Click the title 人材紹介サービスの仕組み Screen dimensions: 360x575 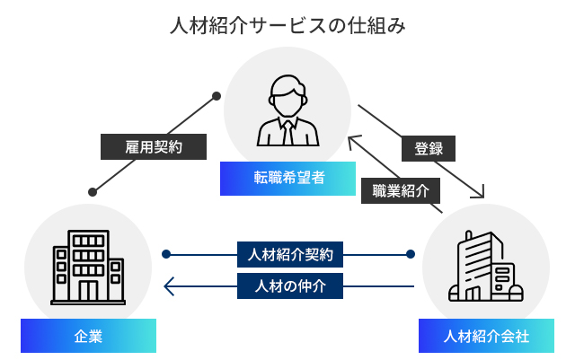(x=287, y=25)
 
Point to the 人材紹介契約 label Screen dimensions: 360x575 (x=290, y=254)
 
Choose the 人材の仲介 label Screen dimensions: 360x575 (x=290, y=285)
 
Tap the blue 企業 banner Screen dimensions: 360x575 (x=88, y=337)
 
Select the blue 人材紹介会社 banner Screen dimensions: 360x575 (x=486, y=337)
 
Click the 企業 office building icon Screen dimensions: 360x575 (x=88, y=266)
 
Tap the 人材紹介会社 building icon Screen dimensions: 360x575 (x=486, y=267)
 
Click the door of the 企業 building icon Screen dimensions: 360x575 (x=88, y=289)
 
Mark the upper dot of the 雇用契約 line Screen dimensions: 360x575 (x=217, y=94)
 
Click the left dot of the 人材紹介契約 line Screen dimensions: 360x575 (x=166, y=254)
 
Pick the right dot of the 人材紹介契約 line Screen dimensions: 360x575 (x=410, y=254)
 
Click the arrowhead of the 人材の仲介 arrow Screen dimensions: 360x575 (x=167, y=285)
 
